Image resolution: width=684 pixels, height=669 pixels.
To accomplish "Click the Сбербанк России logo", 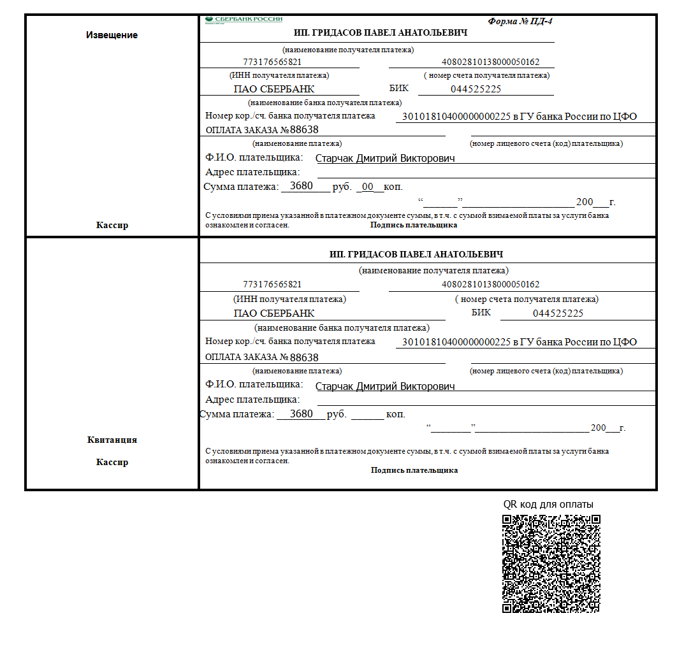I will (x=244, y=20).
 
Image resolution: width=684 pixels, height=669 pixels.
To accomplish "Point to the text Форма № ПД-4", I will (x=520, y=21).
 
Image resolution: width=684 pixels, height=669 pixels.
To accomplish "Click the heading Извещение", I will (x=112, y=35).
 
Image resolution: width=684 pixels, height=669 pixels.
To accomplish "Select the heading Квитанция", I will (x=112, y=440).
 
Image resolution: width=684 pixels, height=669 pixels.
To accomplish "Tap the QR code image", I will (x=551, y=564).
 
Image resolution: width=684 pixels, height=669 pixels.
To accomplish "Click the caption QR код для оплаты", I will (x=548, y=505).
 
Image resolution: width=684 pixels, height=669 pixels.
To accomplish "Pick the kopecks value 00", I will (x=367, y=187).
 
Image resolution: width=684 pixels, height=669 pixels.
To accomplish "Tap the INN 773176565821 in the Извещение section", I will (x=272, y=62).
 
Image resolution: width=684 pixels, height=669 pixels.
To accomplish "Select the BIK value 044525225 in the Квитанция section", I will (x=558, y=313).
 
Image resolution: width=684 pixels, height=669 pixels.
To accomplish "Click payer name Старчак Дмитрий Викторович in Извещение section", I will (x=385, y=158).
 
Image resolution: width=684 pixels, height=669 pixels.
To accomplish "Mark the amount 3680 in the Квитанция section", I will (x=301, y=414).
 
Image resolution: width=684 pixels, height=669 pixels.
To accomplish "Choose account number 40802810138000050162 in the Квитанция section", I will (x=490, y=284).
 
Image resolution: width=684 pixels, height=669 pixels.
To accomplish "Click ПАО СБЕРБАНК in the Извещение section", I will (x=274, y=89).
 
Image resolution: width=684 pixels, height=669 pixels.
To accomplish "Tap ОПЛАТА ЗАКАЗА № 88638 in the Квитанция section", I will (x=261, y=357).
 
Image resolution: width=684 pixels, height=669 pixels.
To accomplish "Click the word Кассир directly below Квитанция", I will (x=112, y=462).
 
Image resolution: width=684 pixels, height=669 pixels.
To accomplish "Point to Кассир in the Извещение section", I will (x=112, y=225).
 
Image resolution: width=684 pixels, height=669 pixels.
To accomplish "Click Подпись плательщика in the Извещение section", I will (x=414, y=225).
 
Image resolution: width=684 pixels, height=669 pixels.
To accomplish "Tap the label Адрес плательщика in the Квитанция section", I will (x=252, y=399).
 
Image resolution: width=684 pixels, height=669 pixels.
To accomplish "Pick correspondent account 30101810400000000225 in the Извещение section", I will (x=456, y=117).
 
